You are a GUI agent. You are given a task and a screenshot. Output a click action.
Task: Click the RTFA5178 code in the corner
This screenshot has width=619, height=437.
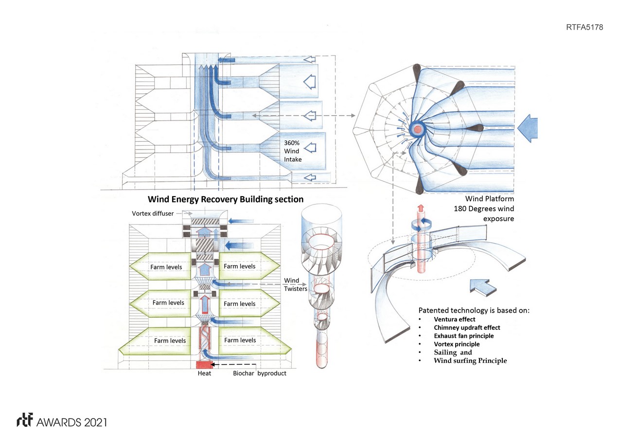coord(584,27)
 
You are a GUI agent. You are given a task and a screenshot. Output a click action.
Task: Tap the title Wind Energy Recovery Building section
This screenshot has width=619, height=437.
coord(225,199)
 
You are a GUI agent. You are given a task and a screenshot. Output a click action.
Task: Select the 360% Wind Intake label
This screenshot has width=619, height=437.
coord(293,151)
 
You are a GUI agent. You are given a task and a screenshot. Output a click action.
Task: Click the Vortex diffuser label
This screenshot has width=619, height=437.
coord(153,214)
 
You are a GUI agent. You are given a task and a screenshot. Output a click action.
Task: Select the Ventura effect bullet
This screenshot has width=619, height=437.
coord(454,319)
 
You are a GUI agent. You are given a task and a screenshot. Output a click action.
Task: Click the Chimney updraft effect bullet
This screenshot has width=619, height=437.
coord(467,328)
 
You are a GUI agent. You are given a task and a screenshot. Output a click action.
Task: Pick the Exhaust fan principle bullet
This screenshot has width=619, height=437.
coord(463,336)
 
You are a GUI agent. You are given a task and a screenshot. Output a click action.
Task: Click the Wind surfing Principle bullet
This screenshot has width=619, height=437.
coord(470,361)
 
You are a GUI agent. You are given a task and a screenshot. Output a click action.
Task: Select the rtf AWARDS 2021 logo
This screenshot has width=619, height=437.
coord(62,421)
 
